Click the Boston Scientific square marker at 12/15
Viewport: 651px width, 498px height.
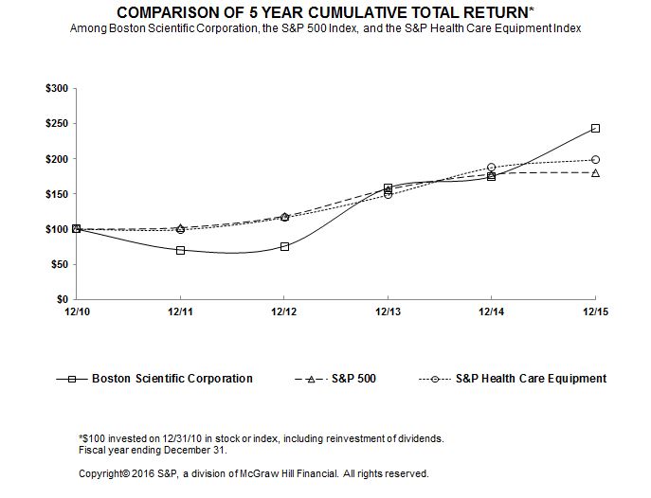click(x=595, y=128)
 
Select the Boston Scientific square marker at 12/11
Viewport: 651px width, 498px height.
click(x=180, y=250)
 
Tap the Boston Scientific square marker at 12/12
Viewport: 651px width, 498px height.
click(x=284, y=246)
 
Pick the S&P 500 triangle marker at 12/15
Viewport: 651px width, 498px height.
click(x=595, y=173)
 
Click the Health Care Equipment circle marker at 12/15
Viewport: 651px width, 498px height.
click(x=595, y=160)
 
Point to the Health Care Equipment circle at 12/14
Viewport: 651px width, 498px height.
click(x=491, y=168)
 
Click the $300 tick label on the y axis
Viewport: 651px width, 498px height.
click(x=57, y=88)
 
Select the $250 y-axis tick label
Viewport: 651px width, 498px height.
click(x=57, y=124)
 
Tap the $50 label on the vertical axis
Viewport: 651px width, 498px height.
click(x=59, y=264)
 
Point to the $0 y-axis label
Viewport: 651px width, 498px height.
click(x=62, y=299)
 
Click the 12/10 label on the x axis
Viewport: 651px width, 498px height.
click(x=77, y=311)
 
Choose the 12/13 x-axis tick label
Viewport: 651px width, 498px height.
click(x=388, y=311)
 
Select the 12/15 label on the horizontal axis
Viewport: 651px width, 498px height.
click(x=595, y=311)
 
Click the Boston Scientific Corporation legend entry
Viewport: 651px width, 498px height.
click(x=154, y=379)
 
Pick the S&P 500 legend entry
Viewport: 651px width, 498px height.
click(x=335, y=379)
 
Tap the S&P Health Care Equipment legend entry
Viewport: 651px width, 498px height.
click(x=514, y=379)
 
